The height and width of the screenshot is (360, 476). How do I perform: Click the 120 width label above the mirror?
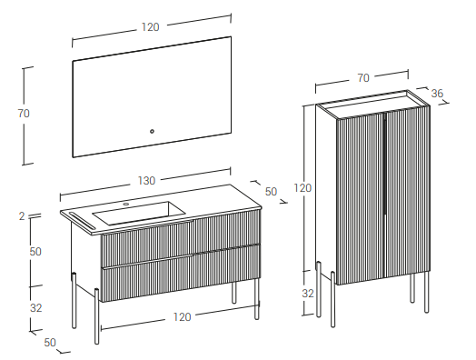pyautogui.click(x=150, y=27)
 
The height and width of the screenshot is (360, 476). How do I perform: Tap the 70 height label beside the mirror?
pyautogui.click(x=24, y=114)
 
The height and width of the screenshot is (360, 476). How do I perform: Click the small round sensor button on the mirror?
pyautogui.click(x=152, y=131)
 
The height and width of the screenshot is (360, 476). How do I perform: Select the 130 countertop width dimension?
pyautogui.click(x=146, y=181)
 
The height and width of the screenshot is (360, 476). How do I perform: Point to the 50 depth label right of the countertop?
pyautogui.click(x=271, y=192)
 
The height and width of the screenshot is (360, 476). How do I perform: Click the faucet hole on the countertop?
pyautogui.click(x=126, y=204)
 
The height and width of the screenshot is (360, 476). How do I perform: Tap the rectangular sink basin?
pyautogui.click(x=138, y=213)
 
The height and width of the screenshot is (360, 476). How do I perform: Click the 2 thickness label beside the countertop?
pyautogui.click(x=22, y=216)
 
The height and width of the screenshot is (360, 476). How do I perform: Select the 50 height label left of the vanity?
pyautogui.click(x=35, y=252)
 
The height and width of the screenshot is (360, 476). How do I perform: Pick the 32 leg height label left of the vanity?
pyautogui.click(x=36, y=308)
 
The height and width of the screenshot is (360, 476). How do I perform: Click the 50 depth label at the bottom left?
pyautogui.click(x=50, y=343)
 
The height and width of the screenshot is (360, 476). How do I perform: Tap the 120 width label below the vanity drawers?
pyautogui.click(x=183, y=317)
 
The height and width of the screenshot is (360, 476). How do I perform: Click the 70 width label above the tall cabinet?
pyautogui.click(x=363, y=78)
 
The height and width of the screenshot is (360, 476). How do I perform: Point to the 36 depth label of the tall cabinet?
pyautogui.click(x=437, y=94)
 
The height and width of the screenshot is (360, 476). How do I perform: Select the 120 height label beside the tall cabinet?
pyautogui.click(x=302, y=188)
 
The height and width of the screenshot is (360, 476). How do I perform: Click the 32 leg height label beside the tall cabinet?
pyautogui.click(x=308, y=294)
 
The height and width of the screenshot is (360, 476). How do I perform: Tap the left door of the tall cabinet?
pyautogui.click(x=361, y=199)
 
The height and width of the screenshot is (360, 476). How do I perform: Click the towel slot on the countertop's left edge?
pyautogui.click(x=83, y=221)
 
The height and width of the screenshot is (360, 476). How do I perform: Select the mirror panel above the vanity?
pyautogui.click(x=152, y=97)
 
